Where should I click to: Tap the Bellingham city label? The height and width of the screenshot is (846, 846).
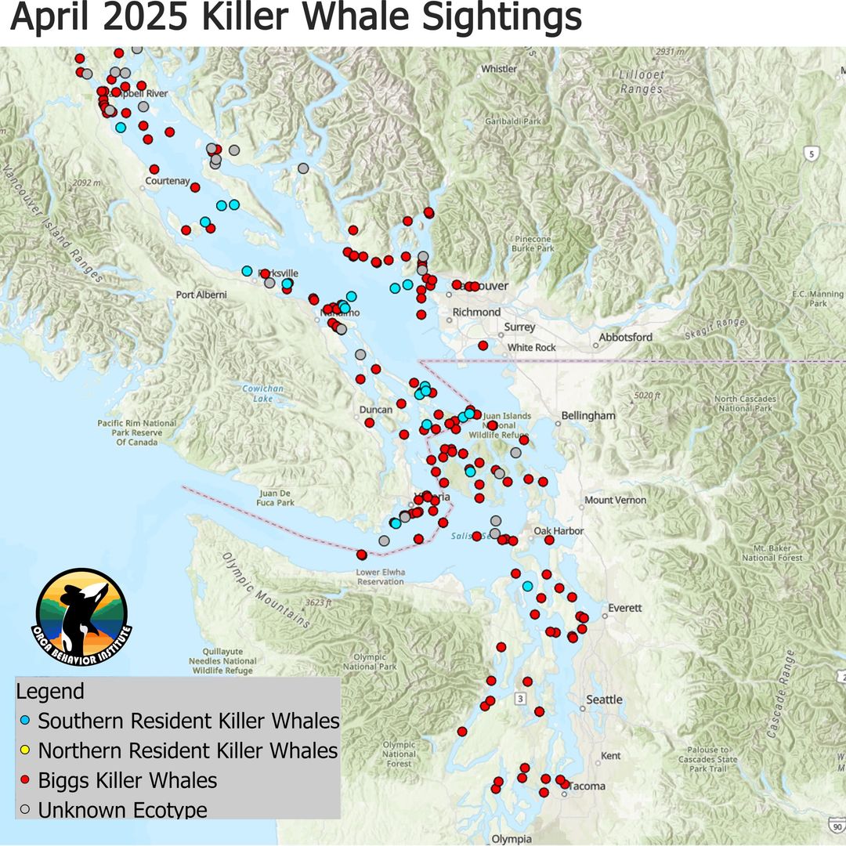pos(588,416)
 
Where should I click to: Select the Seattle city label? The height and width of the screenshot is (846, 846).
pos(605,700)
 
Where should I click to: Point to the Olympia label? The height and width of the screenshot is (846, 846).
pos(512,839)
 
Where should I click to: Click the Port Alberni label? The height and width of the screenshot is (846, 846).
pos(201,295)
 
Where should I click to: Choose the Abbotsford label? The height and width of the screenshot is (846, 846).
pos(625,338)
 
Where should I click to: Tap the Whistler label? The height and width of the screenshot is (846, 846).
pos(499,69)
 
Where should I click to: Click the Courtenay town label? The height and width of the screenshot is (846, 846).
pos(168,182)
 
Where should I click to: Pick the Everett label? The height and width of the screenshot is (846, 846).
pos(624,608)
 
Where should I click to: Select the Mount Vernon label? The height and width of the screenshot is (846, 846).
pos(616,500)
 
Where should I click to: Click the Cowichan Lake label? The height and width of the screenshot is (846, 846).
pos(257,393)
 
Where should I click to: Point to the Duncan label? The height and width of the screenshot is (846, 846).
pos(375,410)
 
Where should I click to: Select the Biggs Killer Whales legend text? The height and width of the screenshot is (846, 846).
pos(128,780)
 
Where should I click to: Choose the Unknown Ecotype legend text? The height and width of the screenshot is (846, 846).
pos(123,810)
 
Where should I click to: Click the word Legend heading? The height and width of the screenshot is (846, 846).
pos(50,692)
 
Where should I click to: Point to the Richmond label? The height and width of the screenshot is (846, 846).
pos(476,312)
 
